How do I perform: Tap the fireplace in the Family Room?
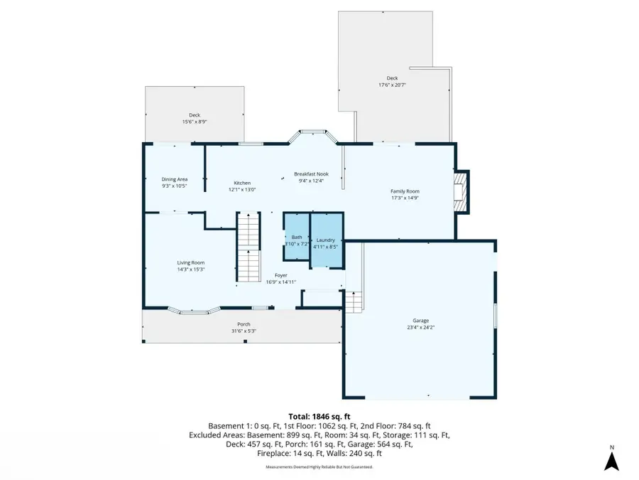[461, 192]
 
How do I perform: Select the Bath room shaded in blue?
[297, 240]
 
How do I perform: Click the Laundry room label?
[326, 240]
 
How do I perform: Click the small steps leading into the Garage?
[354, 301]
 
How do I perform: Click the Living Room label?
[191, 262]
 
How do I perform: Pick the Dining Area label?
[174, 179]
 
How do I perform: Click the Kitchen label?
[243, 183]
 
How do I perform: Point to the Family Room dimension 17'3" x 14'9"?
[405, 198]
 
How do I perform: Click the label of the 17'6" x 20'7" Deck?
[392, 78]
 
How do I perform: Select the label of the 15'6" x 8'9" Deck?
[194, 115]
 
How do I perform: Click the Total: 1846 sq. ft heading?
[319, 416]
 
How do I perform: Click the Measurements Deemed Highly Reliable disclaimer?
[319, 467]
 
